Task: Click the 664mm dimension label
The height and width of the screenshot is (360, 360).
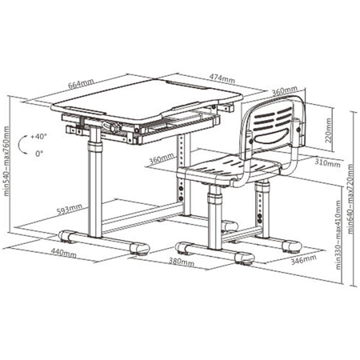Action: (81, 84)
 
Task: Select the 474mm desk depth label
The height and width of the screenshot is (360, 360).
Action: (222, 78)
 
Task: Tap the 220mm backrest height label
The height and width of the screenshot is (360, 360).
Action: (328, 130)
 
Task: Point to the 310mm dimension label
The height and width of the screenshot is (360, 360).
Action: (327, 162)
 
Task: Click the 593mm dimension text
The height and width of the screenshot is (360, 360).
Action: (70, 209)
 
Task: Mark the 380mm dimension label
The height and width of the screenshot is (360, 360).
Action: (182, 262)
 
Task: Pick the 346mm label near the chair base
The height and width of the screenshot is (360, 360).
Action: (304, 259)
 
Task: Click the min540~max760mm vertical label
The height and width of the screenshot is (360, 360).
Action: (6, 161)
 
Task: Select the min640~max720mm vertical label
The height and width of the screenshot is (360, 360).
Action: (350, 198)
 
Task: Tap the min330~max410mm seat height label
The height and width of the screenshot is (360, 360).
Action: (338, 235)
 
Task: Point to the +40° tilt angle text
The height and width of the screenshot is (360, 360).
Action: (38, 136)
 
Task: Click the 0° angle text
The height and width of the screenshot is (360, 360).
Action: (39, 154)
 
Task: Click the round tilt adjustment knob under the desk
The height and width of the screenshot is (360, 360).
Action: (114, 126)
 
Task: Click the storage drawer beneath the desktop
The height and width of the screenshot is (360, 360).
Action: (179, 126)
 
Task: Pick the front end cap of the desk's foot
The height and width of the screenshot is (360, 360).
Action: (139, 248)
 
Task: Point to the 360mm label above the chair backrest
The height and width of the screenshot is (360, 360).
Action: (285, 90)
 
